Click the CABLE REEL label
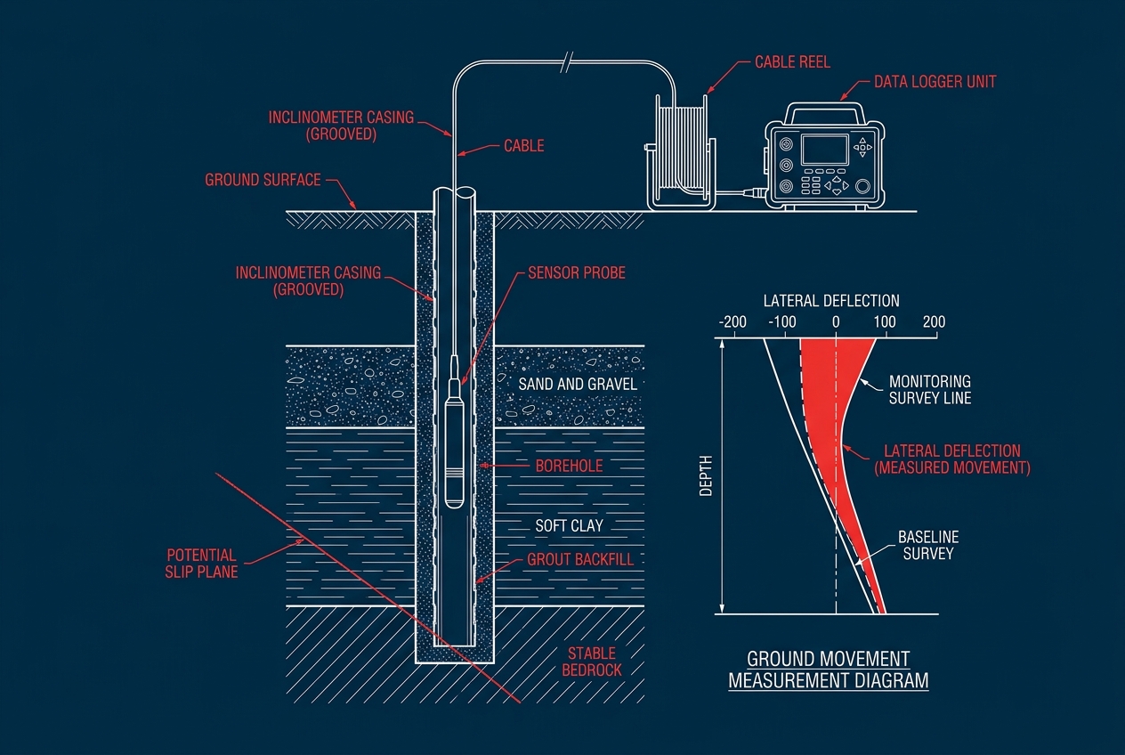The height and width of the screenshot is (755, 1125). (x=792, y=62)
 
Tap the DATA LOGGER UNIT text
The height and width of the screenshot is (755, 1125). (x=935, y=82)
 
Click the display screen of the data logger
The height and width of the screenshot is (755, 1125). (x=825, y=150)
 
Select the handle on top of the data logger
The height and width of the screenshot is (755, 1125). (x=824, y=107)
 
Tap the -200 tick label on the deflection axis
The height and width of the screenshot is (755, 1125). (x=732, y=322)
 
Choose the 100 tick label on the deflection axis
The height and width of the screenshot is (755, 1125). (x=885, y=322)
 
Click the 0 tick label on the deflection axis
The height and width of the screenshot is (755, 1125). (x=836, y=322)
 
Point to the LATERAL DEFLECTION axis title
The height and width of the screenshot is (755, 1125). (x=831, y=301)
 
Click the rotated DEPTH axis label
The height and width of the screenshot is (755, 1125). (x=706, y=475)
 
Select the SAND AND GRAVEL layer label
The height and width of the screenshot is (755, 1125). (x=578, y=385)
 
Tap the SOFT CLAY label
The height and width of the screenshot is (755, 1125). (x=569, y=526)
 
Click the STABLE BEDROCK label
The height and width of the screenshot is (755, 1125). (x=592, y=662)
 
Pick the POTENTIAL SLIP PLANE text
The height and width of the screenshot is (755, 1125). (x=201, y=564)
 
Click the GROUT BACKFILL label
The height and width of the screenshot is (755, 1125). (x=580, y=560)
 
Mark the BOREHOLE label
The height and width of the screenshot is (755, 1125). (x=569, y=467)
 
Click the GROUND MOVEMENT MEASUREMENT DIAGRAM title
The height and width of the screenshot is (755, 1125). (x=829, y=670)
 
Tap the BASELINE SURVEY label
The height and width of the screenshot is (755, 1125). (x=928, y=546)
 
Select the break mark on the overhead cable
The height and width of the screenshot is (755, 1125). (x=567, y=62)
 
